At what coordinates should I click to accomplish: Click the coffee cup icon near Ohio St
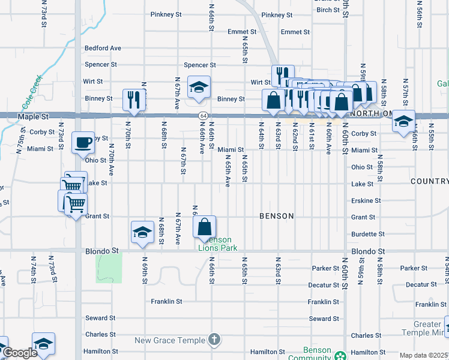pyautogui.click(x=83, y=143)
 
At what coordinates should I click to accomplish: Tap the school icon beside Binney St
pyautogui.click(x=199, y=88)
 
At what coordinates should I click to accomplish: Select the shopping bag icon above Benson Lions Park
pyautogui.click(x=205, y=227)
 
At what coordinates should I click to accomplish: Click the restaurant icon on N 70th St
pyautogui.click(x=134, y=100)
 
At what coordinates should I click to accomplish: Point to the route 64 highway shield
pyautogui.click(x=204, y=115)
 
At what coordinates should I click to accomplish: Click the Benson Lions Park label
pyautogui.click(x=218, y=244)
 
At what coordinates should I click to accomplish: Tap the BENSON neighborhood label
pyautogui.click(x=277, y=216)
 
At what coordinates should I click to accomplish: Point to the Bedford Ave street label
pyautogui.click(x=103, y=48)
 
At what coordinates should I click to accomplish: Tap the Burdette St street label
pyautogui.click(x=367, y=234)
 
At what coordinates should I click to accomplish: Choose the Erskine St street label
pyautogui.click(x=366, y=200)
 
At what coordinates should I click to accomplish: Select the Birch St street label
pyautogui.click(x=328, y=10)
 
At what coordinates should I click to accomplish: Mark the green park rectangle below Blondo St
pyautogui.click(x=109, y=268)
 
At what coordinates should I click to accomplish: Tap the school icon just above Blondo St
pyautogui.click(x=142, y=233)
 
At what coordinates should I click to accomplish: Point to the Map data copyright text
pyautogui.click(x=424, y=355)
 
